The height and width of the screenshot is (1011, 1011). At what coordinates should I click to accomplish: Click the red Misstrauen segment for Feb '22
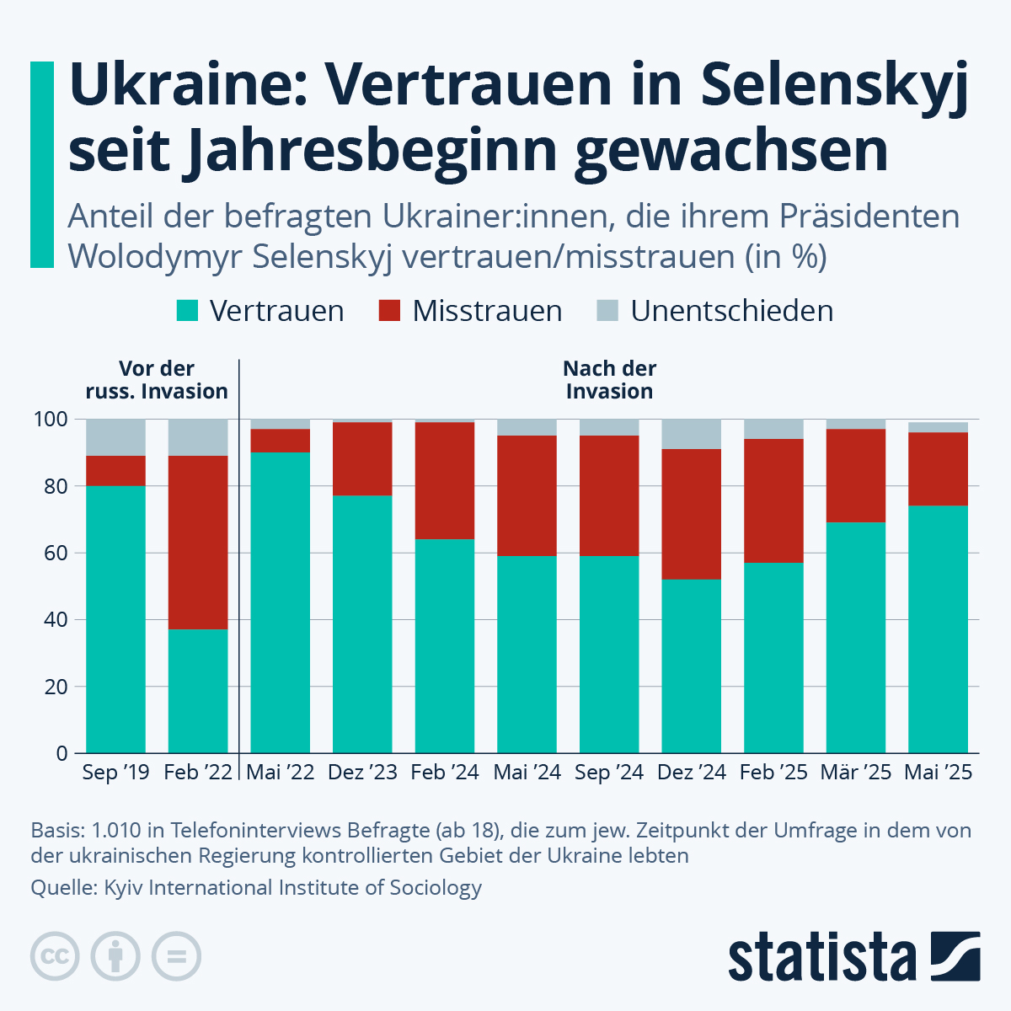[x=198, y=543]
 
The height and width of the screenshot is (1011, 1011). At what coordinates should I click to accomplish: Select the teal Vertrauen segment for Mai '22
[x=281, y=602]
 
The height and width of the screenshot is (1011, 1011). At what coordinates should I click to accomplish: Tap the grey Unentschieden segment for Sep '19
[x=116, y=437]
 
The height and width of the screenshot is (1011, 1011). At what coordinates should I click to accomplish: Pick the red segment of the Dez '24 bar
[x=691, y=514]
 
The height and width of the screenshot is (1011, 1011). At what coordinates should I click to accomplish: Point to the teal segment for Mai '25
[x=938, y=629]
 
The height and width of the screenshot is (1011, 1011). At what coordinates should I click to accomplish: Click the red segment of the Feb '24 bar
[x=445, y=480]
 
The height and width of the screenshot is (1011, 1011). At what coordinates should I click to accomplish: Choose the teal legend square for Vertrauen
[x=187, y=311]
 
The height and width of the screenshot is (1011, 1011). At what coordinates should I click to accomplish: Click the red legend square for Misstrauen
[x=389, y=311]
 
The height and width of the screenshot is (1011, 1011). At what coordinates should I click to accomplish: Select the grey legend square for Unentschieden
[x=607, y=311]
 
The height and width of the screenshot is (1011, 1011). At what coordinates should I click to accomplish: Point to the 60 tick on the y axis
[x=56, y=554]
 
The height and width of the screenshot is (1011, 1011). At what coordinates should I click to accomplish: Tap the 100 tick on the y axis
[x=51, y=420]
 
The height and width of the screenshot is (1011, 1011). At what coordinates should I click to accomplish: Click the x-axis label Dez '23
[x=362, y=773]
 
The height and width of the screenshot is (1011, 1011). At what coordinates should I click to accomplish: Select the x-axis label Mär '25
[x=856, y=773]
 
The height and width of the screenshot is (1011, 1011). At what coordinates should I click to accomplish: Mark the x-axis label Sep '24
[x=609, y=773]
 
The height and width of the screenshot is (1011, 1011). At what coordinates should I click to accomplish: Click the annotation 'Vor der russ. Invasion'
[x=157, y=380]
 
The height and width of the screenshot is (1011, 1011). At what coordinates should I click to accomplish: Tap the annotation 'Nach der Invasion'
[x=609, y=380]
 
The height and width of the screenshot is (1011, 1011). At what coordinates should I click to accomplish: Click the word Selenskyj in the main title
[x=833, y=84]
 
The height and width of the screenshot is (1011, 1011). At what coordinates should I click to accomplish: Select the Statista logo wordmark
[x=822, y=957]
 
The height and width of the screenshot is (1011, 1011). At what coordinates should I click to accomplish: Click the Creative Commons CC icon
[x=55, y=957]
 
